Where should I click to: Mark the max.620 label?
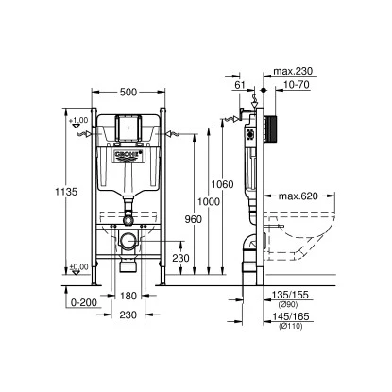[299, 196]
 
